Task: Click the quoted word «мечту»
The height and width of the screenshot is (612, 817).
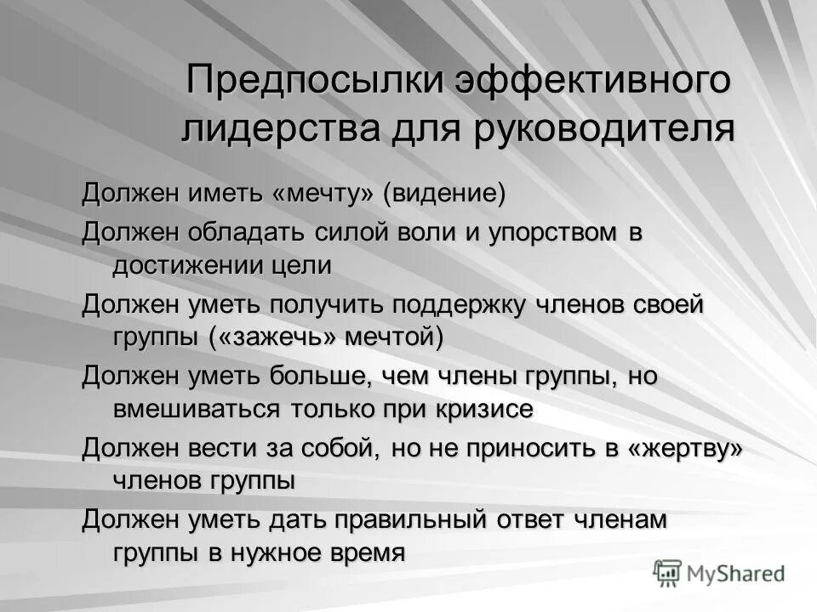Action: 323,193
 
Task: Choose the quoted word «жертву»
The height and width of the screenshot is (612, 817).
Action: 686,448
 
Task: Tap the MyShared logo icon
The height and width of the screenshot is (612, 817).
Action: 667,572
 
